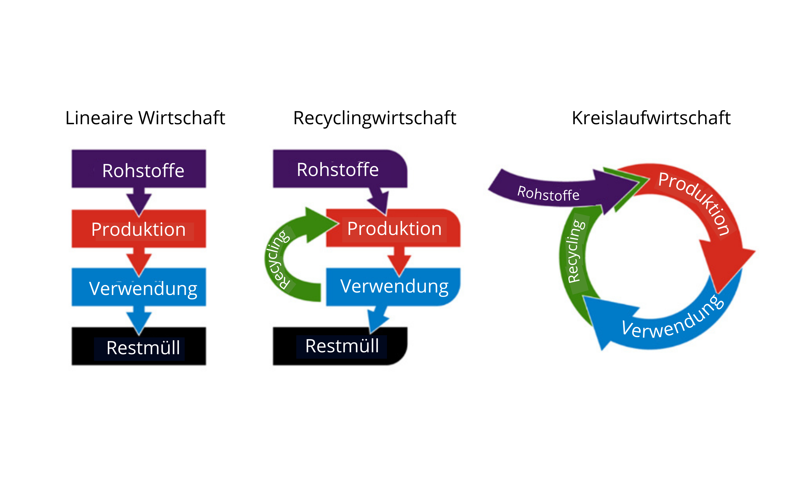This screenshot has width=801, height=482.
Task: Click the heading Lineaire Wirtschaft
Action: [145, 118]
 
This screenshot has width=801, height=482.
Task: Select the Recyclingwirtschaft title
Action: [374, 118]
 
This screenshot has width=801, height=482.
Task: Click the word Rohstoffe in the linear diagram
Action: [143, 170]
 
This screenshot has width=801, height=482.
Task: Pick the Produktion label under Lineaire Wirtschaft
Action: [138, 229]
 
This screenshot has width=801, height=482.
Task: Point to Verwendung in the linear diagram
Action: [143, 288]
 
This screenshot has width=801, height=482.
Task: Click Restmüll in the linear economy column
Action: [143, 348]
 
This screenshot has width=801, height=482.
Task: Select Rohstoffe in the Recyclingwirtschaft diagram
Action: [338, 170]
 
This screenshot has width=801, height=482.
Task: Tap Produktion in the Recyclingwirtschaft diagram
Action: [394, 228]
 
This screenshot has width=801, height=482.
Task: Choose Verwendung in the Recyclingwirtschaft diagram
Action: [394, 286]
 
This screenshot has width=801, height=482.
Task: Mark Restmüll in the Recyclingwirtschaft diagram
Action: [342, 346]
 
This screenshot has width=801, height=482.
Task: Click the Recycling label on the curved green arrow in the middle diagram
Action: [277, 260]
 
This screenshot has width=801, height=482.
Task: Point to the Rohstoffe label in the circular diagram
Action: [548, 194]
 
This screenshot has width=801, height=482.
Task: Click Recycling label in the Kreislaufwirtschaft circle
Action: [576, 252]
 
